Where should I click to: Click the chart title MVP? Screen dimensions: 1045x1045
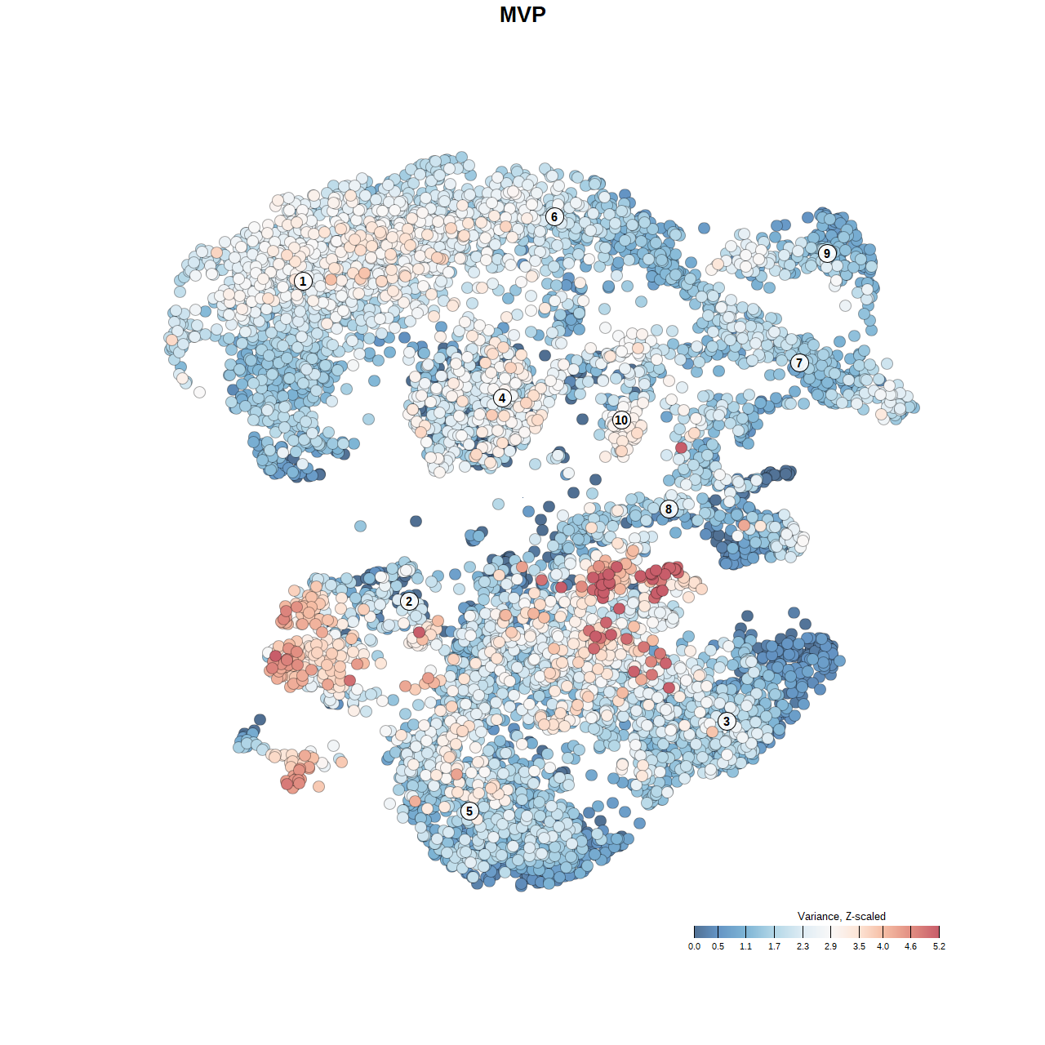(522, 15)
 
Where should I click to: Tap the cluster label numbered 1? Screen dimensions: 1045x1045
(303, 281)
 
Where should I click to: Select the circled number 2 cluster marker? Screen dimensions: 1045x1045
(409, 602)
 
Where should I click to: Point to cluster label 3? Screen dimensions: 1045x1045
(727, 721)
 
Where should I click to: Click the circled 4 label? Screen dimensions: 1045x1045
(502, 398)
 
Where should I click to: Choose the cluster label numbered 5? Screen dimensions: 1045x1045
(469, 811)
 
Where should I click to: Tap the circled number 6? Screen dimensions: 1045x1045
(554, 216)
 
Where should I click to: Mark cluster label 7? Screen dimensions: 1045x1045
(799, 363)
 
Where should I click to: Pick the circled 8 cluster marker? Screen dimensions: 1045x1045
(669, 509)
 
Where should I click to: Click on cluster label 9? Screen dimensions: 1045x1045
(827, 253)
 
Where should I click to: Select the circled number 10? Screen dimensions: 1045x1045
(621, 420)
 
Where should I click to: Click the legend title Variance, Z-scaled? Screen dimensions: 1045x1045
(841, 916)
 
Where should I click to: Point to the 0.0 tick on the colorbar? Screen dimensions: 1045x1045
(694, 946)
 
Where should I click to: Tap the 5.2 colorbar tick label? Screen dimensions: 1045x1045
(939, 946)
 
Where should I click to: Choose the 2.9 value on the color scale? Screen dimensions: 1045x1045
(830, 946)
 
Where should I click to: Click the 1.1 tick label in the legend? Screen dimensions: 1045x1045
(745, 946)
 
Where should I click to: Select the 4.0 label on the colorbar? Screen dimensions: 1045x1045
(883, 946)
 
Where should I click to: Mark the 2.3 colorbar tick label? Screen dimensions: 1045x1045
(803, 946)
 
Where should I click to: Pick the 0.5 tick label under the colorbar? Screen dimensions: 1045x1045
(718, 946)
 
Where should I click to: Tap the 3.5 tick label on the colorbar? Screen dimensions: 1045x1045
(859, 946)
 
